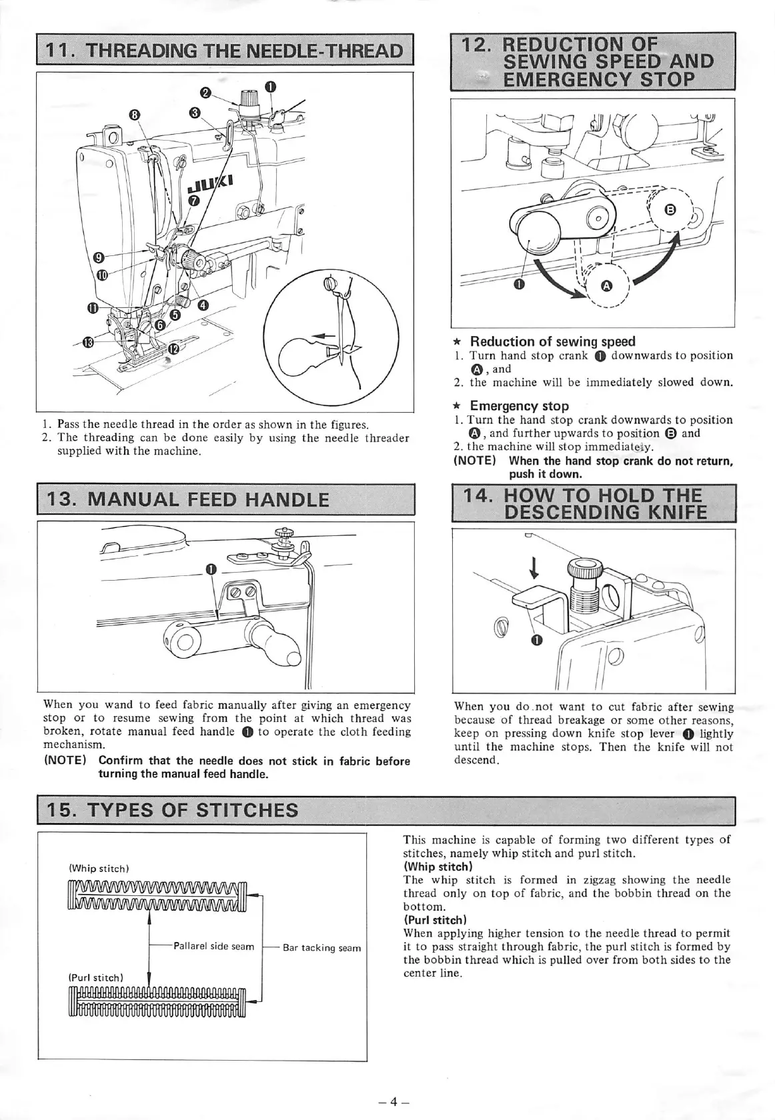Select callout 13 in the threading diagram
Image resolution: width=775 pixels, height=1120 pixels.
coord(87,343)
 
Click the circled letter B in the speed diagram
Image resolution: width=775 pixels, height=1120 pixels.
coord(672,211)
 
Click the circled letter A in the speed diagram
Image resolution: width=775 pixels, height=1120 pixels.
coord(606,286)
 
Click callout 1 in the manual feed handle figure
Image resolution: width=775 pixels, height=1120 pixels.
coord(210,569)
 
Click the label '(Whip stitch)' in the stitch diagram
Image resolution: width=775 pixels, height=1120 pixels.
coord(99,869)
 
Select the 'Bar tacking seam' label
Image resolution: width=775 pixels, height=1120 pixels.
coord(321,948)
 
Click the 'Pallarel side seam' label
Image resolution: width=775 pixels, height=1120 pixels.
coord(213,946)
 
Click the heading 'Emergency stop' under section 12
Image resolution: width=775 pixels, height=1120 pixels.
coord(519,406)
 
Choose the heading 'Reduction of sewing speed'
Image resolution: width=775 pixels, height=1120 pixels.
coord(552,341)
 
